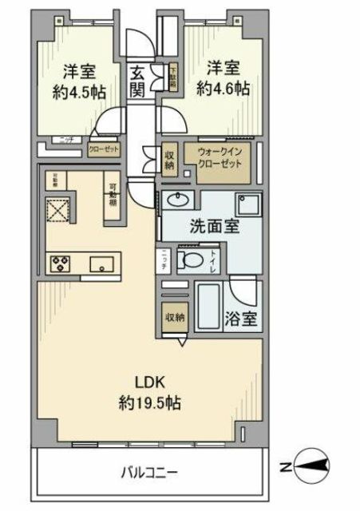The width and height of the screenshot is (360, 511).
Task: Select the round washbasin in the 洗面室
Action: [178, 200]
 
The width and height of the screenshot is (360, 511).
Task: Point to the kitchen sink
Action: [101, 263]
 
